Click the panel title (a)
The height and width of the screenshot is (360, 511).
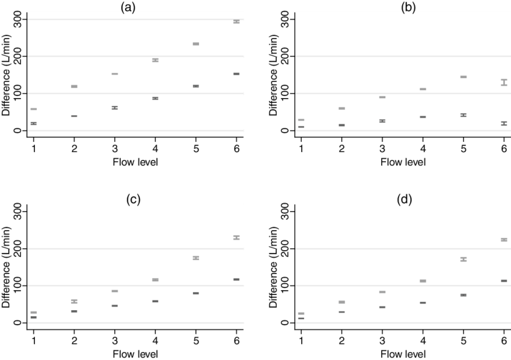(127, 7)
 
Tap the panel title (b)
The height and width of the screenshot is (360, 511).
(408, 7)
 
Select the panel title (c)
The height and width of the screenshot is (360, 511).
(133, 200)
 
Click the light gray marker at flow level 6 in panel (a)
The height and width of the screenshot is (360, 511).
(236, 22)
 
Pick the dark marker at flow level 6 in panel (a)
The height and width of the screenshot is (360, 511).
(236, 74)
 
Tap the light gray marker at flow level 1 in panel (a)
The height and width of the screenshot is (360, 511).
(34, 109)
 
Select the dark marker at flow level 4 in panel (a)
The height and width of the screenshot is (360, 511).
(155, 98)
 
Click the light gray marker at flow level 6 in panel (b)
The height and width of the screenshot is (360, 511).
(504, 82)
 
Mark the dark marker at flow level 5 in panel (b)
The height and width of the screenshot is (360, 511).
(464, 115)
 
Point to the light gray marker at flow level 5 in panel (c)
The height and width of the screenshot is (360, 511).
(195, 258)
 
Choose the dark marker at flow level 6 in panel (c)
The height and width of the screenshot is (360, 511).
(236, 279)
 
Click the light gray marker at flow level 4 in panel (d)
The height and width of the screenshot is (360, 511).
(423, 281)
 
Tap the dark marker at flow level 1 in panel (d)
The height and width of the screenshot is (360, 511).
(301, 318)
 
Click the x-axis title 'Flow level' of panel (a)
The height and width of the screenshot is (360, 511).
(135, 162)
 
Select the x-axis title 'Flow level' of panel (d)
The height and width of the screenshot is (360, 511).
(403, 355)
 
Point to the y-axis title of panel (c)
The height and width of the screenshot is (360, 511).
(8, 267)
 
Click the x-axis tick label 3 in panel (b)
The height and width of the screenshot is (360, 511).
(382, 148)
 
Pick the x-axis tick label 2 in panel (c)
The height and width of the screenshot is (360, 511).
(74, 341)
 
